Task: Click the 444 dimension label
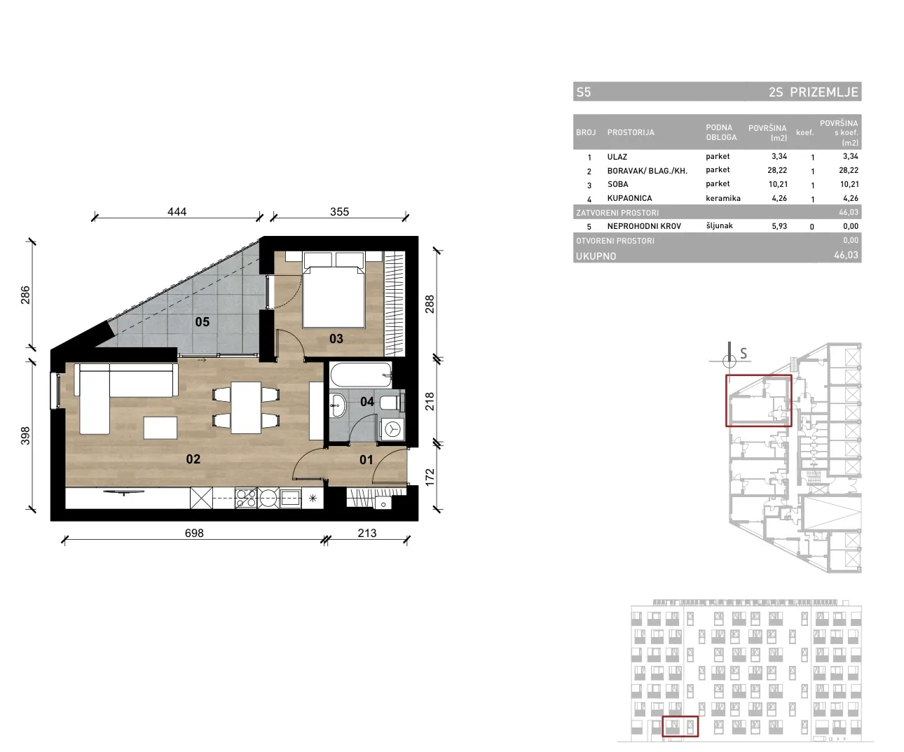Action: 177,211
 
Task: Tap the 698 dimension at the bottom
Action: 194,533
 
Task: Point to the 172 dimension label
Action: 429,477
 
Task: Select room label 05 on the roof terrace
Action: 203,322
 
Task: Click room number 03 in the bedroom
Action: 336,338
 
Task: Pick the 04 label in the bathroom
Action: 367,401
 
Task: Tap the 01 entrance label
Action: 367,459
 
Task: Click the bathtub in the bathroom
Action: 361,375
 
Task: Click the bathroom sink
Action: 337,405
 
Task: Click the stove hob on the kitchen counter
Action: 245,498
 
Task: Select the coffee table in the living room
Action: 160,428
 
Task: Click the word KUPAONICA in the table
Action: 629,198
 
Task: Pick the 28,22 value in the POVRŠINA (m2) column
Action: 777,170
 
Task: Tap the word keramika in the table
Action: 723,198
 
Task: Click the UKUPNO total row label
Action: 596,256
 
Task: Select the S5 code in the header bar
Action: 584,92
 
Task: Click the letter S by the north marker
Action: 744,354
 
